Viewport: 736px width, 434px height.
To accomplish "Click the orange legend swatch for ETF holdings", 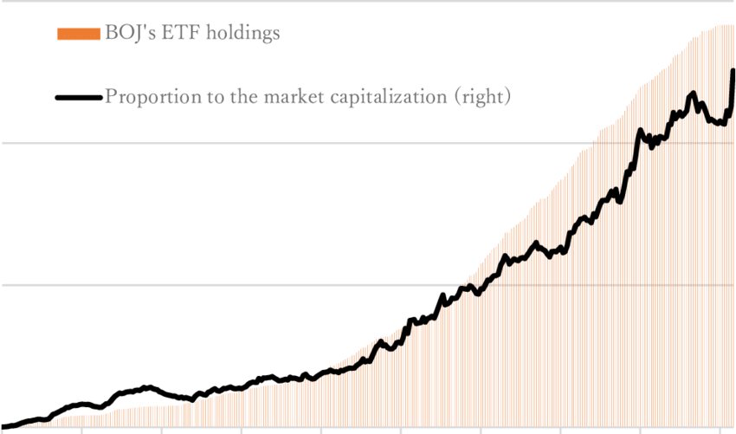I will [x=78, y=34].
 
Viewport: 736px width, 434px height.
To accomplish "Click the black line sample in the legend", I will [x=78, y=97].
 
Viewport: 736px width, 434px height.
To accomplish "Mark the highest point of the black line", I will [x=733, y=70].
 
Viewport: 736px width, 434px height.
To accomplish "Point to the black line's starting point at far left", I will [x=2, y=428].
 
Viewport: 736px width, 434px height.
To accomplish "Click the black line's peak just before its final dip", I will [x=693, y=93].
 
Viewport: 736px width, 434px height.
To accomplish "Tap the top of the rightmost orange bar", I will [x=733, y=25].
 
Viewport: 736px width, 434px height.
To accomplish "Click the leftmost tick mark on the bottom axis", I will [x=81, y=430].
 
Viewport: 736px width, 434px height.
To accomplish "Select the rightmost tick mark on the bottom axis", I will [x=720, y=430].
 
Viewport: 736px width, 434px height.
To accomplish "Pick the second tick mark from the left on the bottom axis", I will [x=162, y=430].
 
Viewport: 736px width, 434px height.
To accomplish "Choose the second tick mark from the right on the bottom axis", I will [x=641, y=430].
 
